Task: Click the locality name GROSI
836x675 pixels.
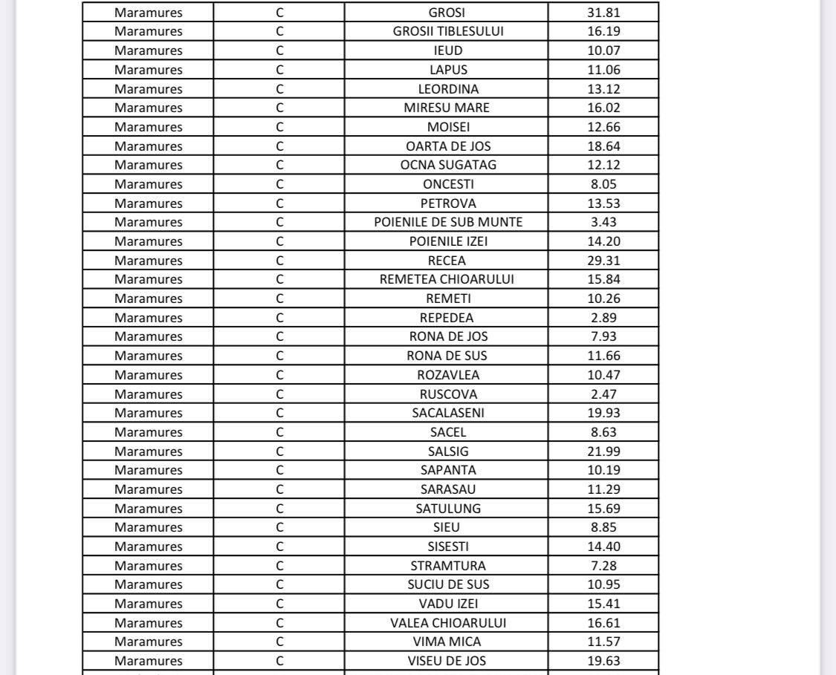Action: coord(447,13)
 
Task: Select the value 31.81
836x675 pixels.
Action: coord(603,13)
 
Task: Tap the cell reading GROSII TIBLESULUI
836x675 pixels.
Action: coord(447,31)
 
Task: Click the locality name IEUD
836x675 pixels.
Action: coord(447,50)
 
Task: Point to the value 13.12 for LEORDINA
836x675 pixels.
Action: coord(603,88)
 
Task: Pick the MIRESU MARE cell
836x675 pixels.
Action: coord(447,108)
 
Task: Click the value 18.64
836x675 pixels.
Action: coord(603,146)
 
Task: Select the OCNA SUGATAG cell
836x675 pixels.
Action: coord(447,165)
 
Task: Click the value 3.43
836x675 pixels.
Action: coord(603,222)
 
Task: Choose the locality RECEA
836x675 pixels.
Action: coord(447,261)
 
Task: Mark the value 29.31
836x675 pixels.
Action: coord(603,261)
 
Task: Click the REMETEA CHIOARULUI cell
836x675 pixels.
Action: coord(447,279)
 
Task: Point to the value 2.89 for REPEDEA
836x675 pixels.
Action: coord(603,318)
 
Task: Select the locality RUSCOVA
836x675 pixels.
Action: coord(447,394)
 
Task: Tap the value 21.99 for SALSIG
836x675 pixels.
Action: coord(603,451)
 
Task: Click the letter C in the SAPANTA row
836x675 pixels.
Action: coord(279,470)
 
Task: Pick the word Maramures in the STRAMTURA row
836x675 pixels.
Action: coord(148,566)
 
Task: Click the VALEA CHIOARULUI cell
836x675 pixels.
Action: coord(447,623)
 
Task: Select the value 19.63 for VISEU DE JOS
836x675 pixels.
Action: coord(603,661)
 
